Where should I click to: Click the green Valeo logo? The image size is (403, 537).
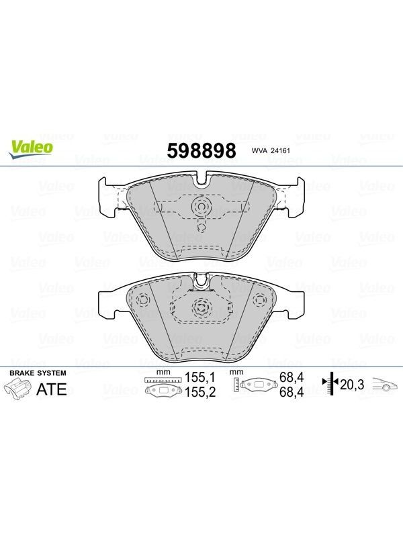pyautogui.click(x=31, y=149)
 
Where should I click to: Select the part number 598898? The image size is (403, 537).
pyautogui.click(x=201, y=150)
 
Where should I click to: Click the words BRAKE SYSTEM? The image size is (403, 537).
pyautogui.click(x=38, y=373)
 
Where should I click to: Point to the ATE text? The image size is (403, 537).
pyautogui.click(x=52, y=389)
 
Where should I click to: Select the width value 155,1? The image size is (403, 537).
pyautogui.click(x=200, y=377)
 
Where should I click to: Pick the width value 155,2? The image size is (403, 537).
pyautogui.click(x=200, y=392)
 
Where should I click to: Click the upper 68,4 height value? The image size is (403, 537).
pyautogui.click(x=292, y=377)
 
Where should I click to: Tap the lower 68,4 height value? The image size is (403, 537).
pyautogui.click(x=292, y=392)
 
